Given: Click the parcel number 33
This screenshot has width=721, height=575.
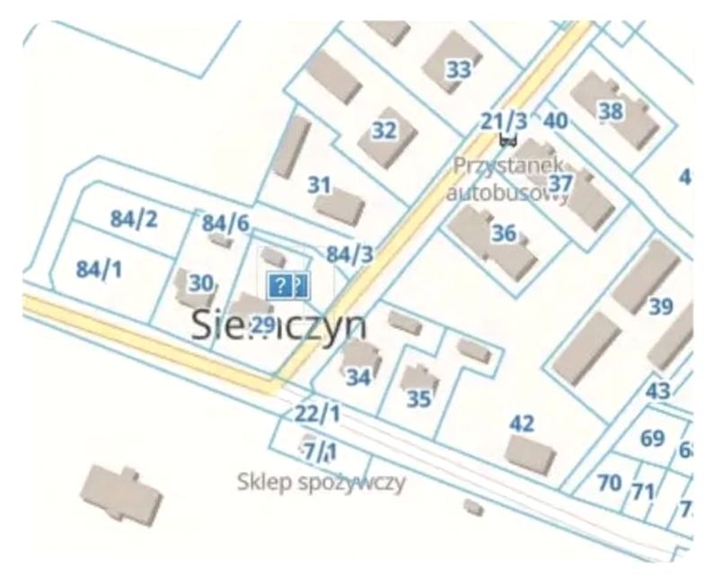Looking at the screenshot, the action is click(x=459, y=69).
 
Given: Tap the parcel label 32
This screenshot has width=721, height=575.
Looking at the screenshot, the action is click(x=384, y=130).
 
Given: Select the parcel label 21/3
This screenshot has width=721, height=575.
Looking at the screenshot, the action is click(x=505, y=120).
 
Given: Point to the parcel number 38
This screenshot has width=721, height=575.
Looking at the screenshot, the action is click(x=611, y=111).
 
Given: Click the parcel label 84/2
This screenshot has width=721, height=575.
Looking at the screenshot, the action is click(x=135, y=218).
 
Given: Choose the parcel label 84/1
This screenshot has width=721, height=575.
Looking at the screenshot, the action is click(x=99, y=269).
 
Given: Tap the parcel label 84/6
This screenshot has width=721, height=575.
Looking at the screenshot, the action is click(x=225, y=223).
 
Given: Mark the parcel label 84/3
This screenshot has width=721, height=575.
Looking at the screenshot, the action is click(x=349, y=254).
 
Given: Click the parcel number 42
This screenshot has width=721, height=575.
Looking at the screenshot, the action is click(x=522, y=423).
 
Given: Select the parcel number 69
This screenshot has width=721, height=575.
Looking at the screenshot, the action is click(x=653, y=439).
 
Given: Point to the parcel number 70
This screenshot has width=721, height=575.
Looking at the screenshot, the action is click(x=610, y=482).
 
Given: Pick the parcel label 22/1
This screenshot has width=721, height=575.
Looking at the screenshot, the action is click(x=318, y=414).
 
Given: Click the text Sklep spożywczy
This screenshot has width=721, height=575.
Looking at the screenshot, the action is click(x=322, y=482).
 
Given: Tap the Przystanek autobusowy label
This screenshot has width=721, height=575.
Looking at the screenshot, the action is click(x=509, y=178).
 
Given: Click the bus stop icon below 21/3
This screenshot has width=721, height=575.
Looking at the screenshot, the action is click(x=508, y=139).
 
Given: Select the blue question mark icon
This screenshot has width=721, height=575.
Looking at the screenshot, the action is click(x=282, y=287).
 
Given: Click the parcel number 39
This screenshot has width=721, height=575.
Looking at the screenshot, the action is click(x=661, y=307).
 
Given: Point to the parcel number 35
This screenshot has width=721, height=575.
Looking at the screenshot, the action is click(x=419, y=399).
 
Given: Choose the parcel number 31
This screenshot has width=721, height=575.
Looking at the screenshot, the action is click(x=320, y=186).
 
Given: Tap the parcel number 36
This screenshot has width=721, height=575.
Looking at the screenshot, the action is click(x=505, y=234).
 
